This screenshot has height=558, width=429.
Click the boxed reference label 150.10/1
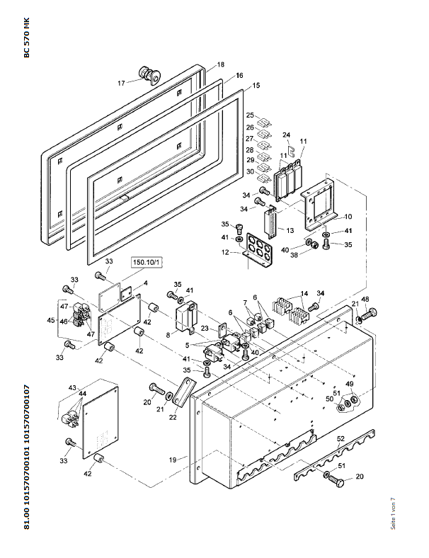[147, 263]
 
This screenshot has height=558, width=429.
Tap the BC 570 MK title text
[27, 38]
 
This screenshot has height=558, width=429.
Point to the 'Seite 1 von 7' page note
[393, 513]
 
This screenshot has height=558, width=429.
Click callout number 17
[121, 83]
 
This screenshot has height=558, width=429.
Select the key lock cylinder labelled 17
[149, 75]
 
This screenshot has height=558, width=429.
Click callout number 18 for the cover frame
[221, 64]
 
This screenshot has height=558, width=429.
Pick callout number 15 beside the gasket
[256, 86]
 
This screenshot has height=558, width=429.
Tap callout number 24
[287, 135]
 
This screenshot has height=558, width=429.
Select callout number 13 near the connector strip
[290, 230]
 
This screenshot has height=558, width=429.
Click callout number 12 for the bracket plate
[225, 252]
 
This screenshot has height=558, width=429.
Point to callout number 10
[348, 217]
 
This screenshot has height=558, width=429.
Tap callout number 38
[294, 255]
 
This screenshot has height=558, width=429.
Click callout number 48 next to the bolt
[365, 300]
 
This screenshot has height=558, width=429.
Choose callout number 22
[173, 417]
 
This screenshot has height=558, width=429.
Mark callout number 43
[72, 387]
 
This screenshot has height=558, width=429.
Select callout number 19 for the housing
[173, 460]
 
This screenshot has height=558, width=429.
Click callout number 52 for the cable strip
[341, 438]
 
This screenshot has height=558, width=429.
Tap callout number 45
[51, 320]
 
